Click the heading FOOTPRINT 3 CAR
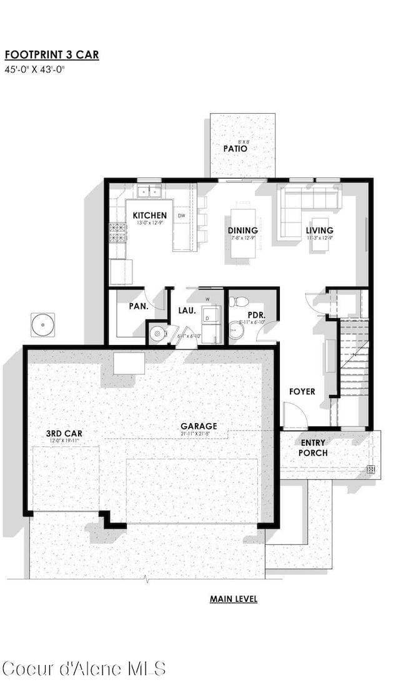[51, 55]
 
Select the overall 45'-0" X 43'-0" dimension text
[35, 69]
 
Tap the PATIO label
[235, 149]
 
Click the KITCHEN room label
[150, 216]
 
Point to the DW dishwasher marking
[182, 216]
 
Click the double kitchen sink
[149, 191]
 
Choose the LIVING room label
[319, 231]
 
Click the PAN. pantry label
[139, 306]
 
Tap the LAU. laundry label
[187, 310]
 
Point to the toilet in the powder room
[237, 302]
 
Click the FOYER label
[302, 392]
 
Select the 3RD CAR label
[64, 433]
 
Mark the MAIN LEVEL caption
[234, 599]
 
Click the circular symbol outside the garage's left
[42, 324]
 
